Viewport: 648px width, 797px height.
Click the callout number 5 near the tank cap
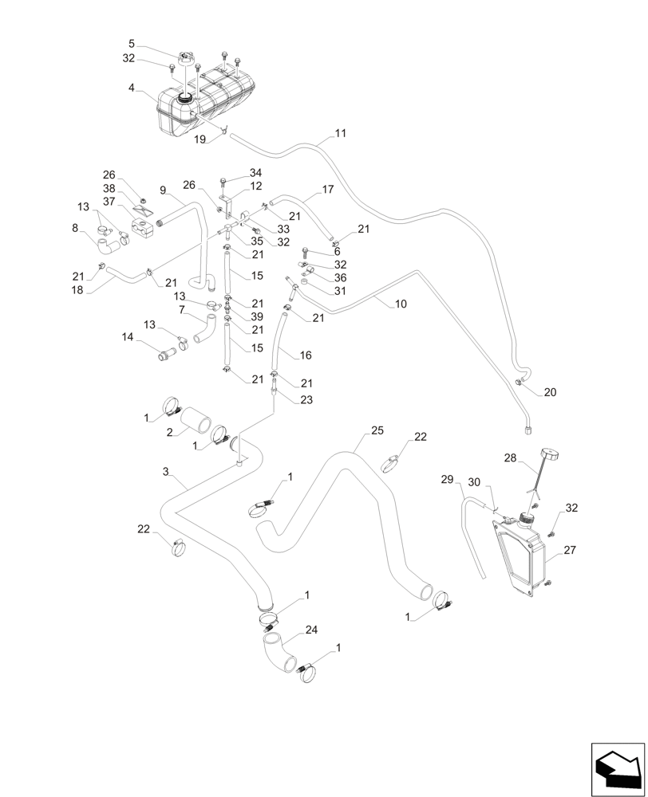[x=132, y=43]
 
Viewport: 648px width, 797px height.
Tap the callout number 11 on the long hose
[x=341, y=133]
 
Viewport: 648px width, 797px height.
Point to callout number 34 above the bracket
[x=255, y=173]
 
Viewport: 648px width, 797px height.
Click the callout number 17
[x=328, y=190]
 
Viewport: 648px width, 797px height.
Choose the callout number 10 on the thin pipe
[x=401, y=304]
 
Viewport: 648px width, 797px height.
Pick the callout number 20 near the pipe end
[x=550, y=392]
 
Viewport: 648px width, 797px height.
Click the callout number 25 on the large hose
[x=378, y=430]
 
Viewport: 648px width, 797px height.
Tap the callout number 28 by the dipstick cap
[x=510, y=458]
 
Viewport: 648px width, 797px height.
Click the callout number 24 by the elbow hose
[x=311, y=629]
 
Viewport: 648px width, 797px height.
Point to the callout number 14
[x=127, y=338]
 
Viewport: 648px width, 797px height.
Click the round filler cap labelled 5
[x=187, y=60]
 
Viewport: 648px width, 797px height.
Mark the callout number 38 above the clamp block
[x=110, y=190]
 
